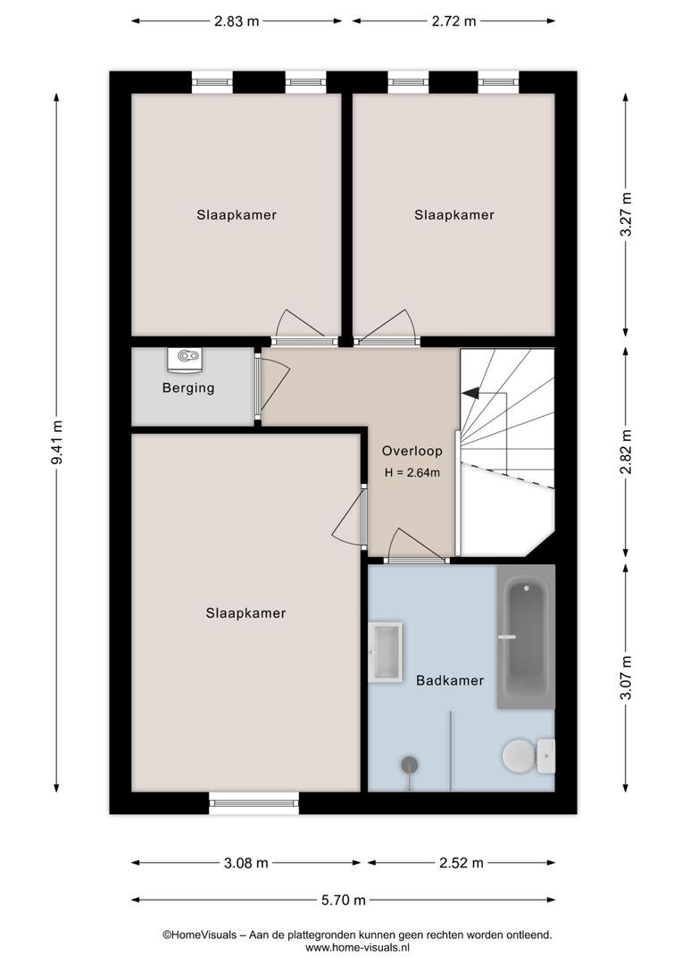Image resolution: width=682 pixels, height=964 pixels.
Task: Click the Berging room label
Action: (188, 388)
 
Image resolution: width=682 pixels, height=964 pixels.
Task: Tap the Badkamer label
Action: (450, 680)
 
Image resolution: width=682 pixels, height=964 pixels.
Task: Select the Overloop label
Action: (412, 451)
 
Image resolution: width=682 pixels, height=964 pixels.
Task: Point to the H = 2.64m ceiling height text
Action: (412, 473)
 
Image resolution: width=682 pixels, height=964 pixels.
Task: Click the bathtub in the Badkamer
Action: (526, 637)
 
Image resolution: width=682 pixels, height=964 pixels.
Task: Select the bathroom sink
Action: (385, 652)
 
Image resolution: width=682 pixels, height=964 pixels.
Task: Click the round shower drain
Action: (410, 765)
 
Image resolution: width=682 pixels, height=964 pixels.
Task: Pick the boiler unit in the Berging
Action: (185, 359)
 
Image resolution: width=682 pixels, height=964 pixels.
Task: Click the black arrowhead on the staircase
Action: (470, 392)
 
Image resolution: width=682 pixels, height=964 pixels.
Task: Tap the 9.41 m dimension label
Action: (56, 443)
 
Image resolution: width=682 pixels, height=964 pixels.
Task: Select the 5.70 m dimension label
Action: (343, 900)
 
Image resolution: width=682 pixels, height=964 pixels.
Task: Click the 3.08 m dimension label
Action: (246, 863)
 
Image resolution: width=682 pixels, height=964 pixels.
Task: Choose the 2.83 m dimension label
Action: (237, 21)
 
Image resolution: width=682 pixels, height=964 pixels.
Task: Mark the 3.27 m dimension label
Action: (626, 214)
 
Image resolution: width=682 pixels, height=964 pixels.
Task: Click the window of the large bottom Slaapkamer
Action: (254, 802)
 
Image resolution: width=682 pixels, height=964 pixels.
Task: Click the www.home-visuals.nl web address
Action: (357, 948)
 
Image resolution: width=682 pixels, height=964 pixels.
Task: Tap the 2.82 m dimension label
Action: (626, 452)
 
